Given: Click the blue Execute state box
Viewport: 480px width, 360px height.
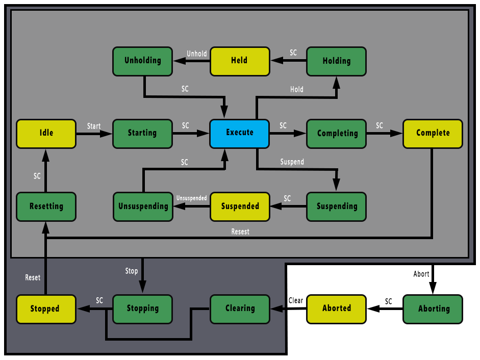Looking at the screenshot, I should [x=239, y=134].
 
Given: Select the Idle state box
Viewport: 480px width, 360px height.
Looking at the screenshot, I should [x=46, y=134].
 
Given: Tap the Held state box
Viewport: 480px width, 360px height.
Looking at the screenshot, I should [x=239, y=61].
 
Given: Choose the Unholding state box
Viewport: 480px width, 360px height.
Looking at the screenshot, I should [x=142, y=61].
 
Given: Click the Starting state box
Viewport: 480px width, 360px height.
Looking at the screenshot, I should [x=142, y=134].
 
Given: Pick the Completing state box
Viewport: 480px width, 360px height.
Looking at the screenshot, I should [x=336, y=134].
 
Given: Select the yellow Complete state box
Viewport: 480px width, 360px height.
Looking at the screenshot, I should [x=433, y=134].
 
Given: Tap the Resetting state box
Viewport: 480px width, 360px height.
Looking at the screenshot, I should [x=46, y=207].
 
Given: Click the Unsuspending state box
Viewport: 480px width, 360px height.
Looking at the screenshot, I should [x=143, y=207].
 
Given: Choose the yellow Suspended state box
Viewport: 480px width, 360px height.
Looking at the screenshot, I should [x=240, y=207].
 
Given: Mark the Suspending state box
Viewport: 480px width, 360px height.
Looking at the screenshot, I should [x=336, y=207].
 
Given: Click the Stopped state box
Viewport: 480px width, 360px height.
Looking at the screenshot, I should [x=45, y=309].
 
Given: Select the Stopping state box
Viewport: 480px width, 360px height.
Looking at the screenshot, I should [x=142, y=308].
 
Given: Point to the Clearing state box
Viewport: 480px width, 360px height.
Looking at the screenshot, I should [x=240, y=308].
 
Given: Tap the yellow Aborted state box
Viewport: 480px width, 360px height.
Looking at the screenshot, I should [x=336, y=308].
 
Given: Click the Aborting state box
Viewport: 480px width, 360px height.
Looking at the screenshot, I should [x=433, y=309].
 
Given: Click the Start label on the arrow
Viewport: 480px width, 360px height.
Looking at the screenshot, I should [x=94, y=126].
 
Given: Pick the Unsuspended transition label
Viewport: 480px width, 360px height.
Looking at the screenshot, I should [x=191, y=198].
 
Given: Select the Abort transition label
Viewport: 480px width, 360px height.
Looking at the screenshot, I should [x=421, y=274].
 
